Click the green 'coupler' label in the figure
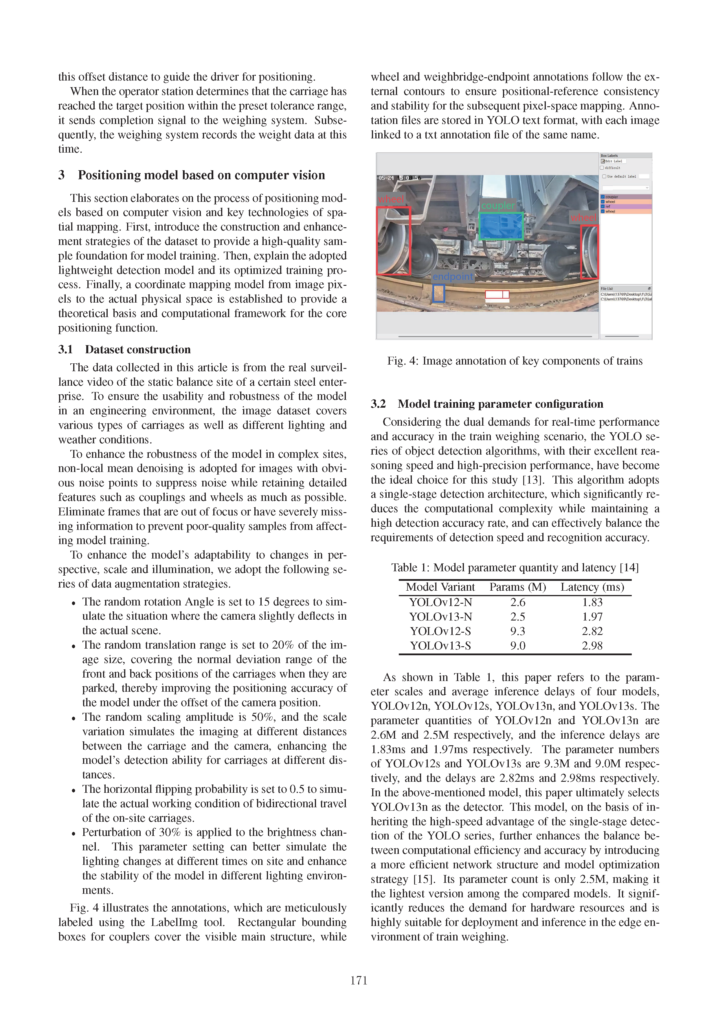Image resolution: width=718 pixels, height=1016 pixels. coord(498,206)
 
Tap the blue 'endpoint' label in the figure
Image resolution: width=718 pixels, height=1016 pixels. coord(453,277)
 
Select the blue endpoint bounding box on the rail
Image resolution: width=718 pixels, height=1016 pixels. coord(438,293)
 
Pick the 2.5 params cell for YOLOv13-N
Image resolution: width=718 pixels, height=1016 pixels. coord(518,617)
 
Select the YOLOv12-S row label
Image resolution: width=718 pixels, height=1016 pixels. coord(440,631)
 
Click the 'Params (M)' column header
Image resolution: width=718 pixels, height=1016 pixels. coord(518,587)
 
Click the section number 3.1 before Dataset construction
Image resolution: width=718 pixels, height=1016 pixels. coord(65,349)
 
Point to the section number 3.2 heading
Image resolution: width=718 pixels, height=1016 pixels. coord(378,404)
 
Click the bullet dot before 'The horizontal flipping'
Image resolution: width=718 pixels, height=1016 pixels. coord(74,791)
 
